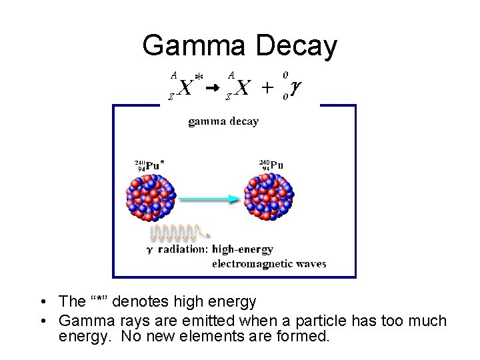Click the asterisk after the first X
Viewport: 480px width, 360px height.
click(198, 79)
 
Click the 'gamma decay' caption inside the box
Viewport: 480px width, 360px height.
click(223, 121)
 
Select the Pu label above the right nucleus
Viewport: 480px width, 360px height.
click(275, 163)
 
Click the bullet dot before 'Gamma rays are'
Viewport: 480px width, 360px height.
click(42, 321)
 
